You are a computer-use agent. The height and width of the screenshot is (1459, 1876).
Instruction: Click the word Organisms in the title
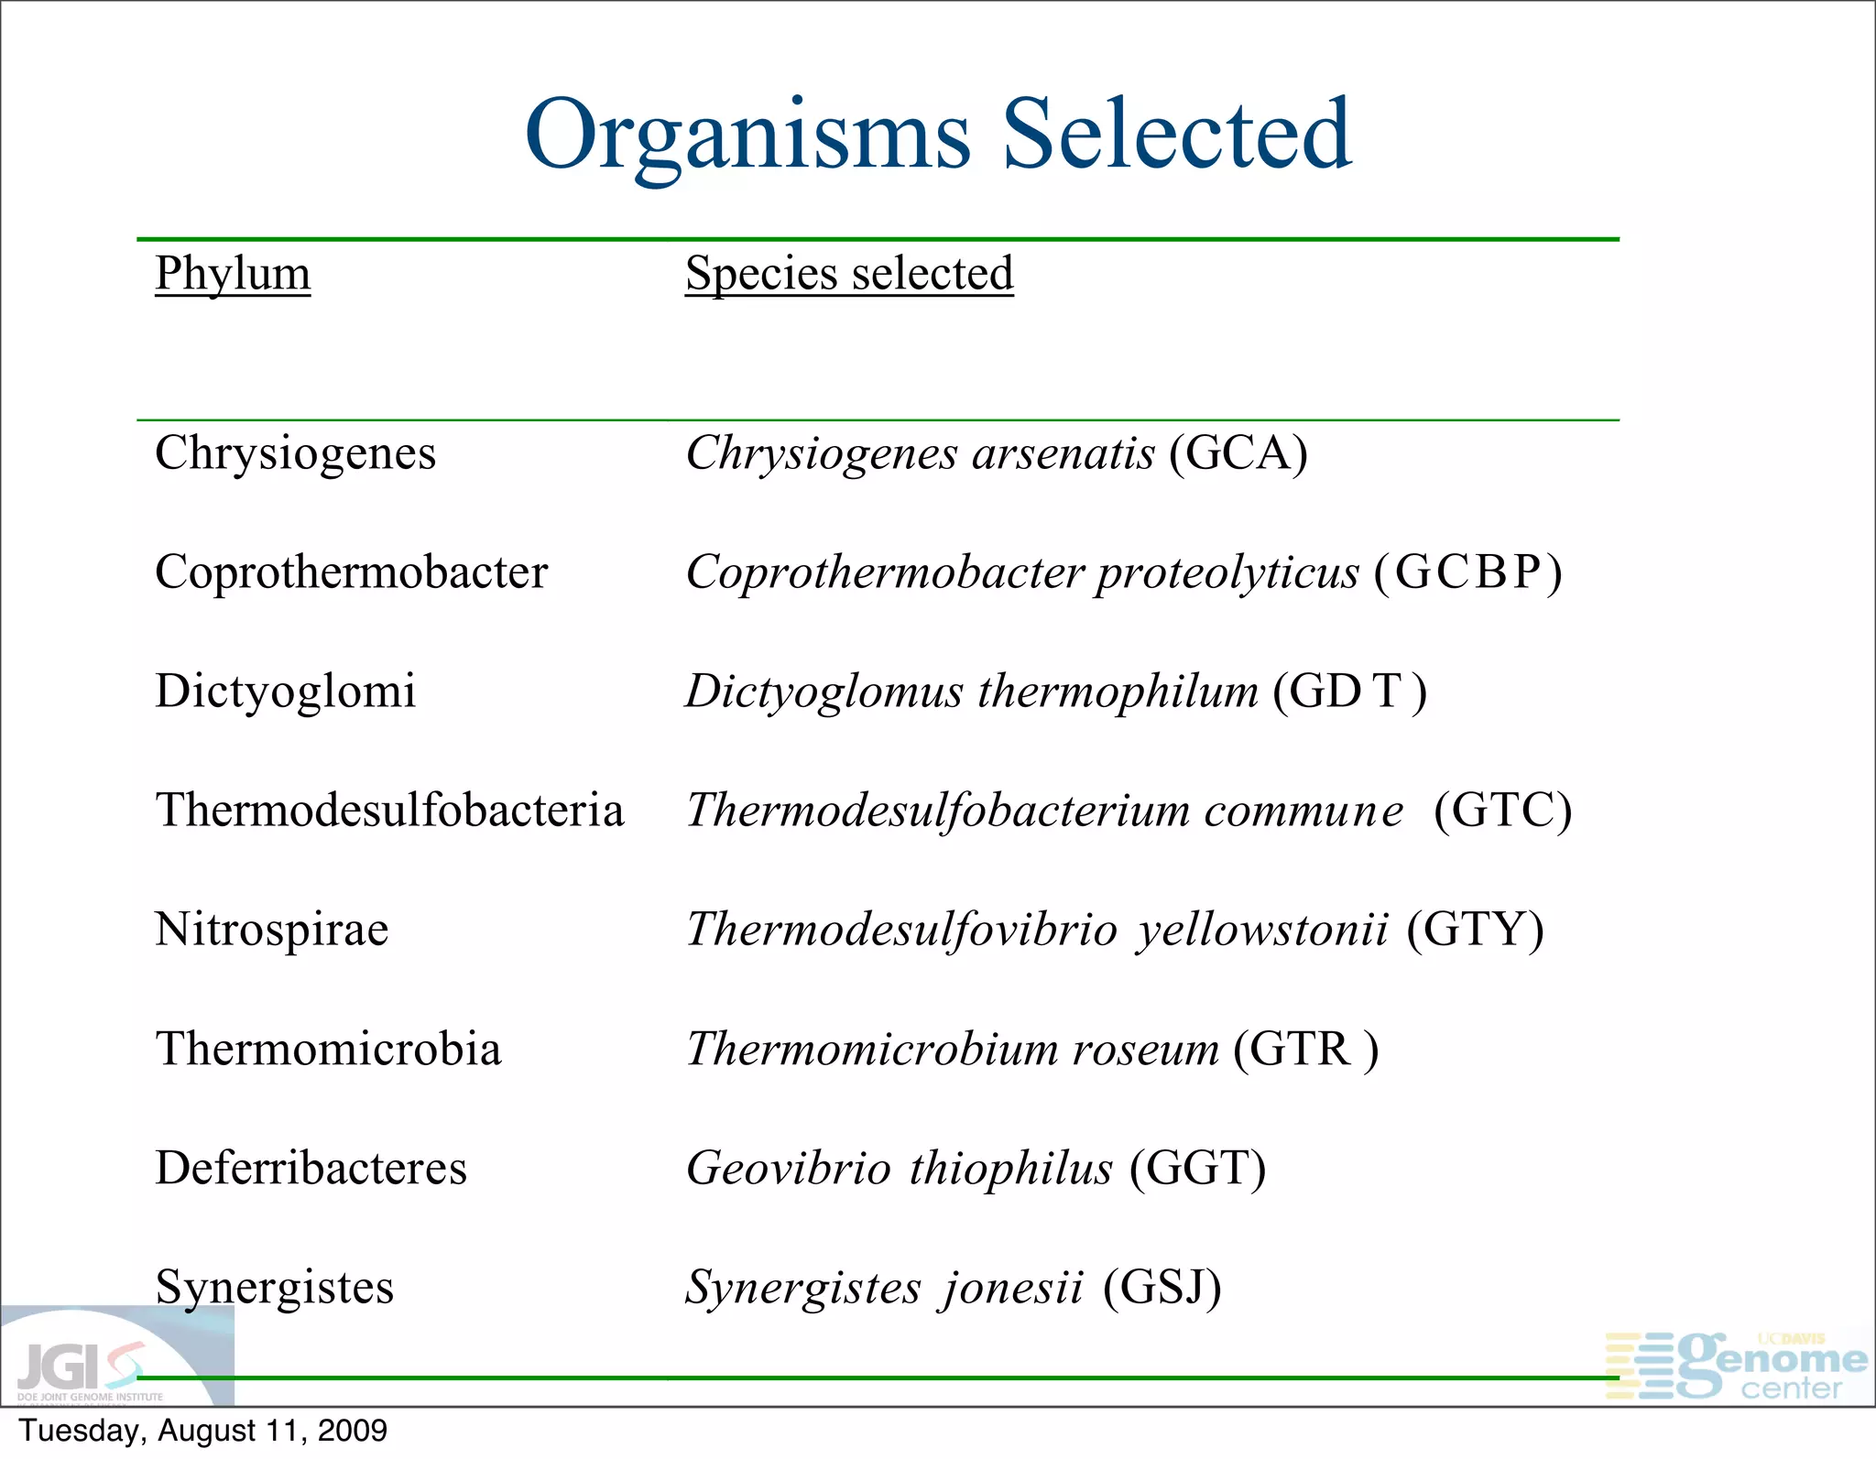(747, 136)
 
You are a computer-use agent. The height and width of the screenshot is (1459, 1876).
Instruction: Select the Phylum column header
(233, 273)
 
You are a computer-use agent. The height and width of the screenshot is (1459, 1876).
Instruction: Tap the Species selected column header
(849, 273)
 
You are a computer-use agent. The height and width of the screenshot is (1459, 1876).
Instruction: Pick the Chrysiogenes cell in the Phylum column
(295, 453)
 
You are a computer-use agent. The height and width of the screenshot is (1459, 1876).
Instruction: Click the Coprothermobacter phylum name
(351, 572)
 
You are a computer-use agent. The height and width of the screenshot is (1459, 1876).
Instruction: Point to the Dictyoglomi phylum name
(285, 691)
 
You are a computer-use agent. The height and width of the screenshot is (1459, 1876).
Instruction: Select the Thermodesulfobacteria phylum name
(389, 811)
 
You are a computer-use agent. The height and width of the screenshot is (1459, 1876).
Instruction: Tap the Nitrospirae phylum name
(272, 930)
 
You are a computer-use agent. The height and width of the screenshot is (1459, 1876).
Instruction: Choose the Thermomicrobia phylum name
(328, 1049)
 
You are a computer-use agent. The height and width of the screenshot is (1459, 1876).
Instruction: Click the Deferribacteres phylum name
(311, 1168)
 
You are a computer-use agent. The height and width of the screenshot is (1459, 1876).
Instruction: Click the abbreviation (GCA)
(1238, 453)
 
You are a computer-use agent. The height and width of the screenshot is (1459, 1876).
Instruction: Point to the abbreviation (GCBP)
(1468, 572)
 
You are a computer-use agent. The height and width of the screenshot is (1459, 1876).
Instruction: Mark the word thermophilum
(1118, 691)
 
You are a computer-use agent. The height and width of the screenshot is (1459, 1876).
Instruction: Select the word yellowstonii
(1263, 930)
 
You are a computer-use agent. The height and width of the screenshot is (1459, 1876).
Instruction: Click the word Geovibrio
(789, 1168)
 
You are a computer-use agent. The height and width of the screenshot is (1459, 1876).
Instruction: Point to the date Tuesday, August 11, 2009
(203, 1431)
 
